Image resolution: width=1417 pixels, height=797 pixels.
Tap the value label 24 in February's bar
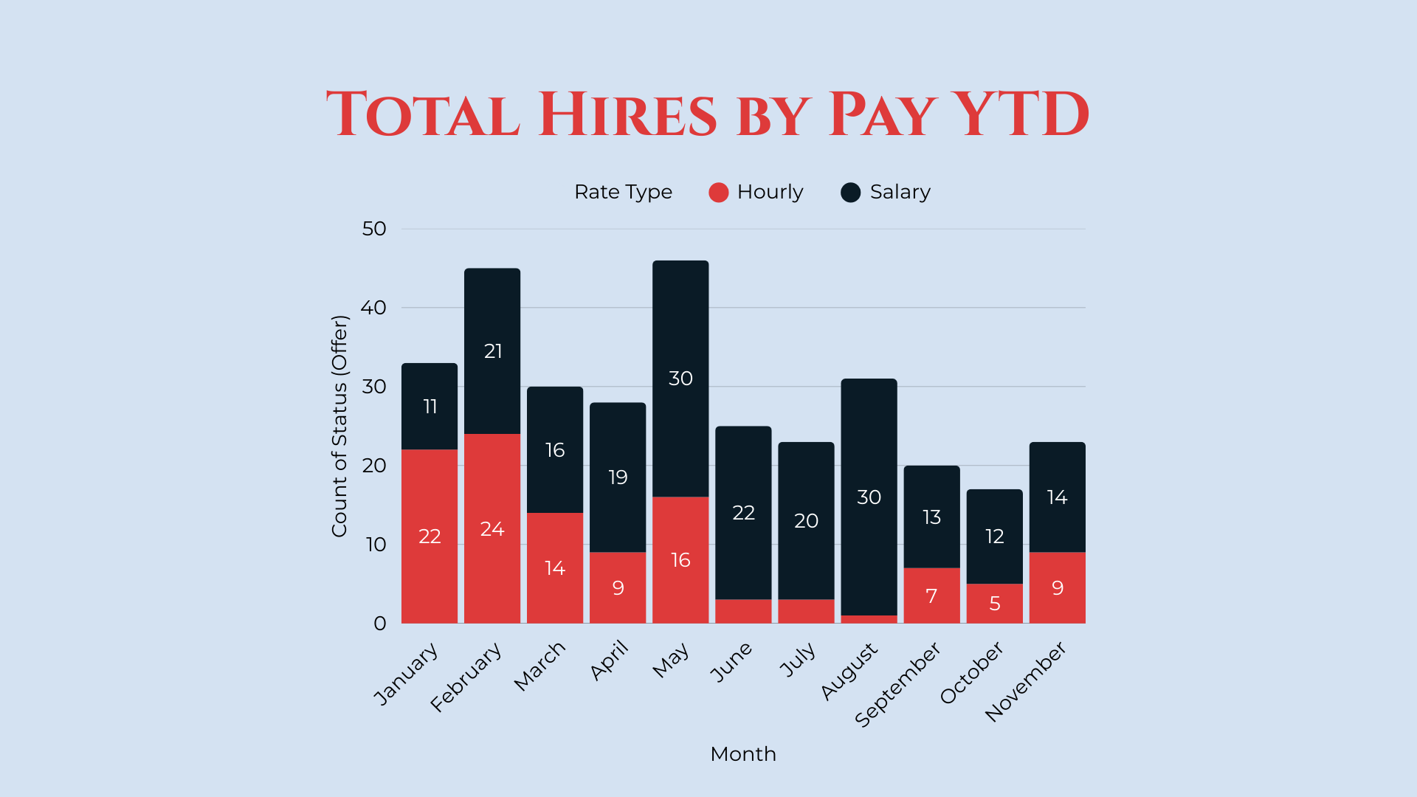click(492, 529)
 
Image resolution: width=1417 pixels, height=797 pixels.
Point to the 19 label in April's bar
click(618, 477)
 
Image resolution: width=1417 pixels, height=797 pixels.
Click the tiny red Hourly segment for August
click(869, 619)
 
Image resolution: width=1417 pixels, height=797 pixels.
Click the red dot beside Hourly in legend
click(718, 193)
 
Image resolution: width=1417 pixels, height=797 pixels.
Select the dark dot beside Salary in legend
click(850, 193)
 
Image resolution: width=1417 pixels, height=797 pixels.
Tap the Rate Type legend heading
click(623, 192)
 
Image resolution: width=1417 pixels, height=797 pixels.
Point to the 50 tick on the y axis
click(374, 229)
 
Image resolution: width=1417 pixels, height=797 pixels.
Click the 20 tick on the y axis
click(374, 466)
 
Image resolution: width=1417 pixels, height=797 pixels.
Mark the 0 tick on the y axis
click(379, 624)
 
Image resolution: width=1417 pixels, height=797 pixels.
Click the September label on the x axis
click(898, 684)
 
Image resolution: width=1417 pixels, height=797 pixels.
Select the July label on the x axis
click(798, 659)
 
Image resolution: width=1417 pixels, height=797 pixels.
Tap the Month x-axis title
click(742, 754)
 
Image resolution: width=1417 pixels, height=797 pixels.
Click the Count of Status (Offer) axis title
click(339, 426)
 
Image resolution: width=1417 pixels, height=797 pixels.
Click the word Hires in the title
click(627, 115)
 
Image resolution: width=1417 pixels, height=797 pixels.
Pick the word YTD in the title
click(1019, 115)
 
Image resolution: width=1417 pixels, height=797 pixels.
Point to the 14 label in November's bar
click(1057, 497)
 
